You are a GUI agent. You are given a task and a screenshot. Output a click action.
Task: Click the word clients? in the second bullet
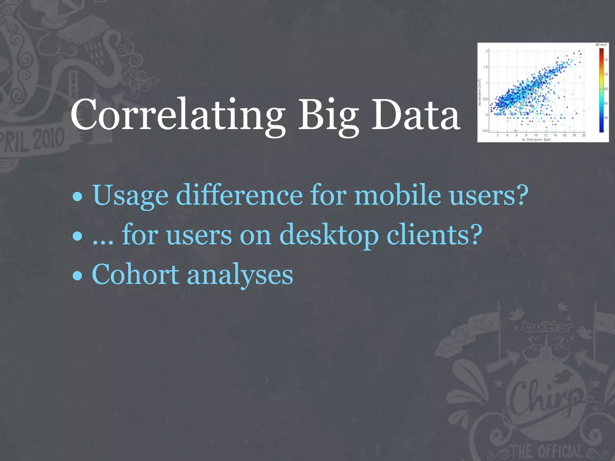(x=434, y=235)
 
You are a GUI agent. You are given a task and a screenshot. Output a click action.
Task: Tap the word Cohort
(x=135, y=274)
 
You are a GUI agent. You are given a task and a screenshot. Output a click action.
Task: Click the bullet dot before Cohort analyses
(x=77, y=276)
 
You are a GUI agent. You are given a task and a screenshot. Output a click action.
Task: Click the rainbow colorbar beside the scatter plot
(x=601, y=90)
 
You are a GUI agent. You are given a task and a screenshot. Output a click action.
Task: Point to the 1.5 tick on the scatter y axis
(x=486, y=67)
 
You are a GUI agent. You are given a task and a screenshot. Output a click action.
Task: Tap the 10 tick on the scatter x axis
(x=536, y=135)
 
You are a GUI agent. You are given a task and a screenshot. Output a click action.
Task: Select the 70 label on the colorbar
(x=606, y=74)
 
